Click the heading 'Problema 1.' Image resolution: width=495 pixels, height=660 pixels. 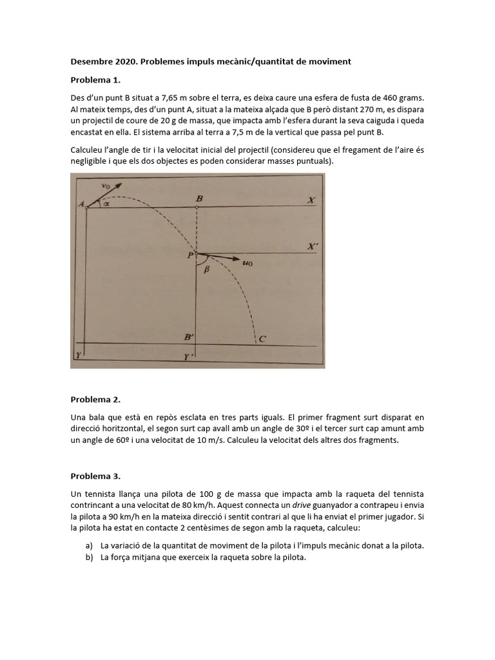coord(95,81)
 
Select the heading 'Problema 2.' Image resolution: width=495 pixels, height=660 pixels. coord(95,400)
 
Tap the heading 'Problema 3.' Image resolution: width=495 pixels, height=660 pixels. coord(95,476)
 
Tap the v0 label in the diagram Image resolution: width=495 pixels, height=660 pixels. coord(106,186)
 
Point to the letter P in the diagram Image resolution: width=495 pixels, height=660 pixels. coord(190,255)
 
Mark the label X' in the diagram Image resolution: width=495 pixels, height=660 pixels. coord(312,246)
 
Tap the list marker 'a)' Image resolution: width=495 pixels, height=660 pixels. coord(90,546)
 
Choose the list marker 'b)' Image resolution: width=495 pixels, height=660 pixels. coord(90,558)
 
